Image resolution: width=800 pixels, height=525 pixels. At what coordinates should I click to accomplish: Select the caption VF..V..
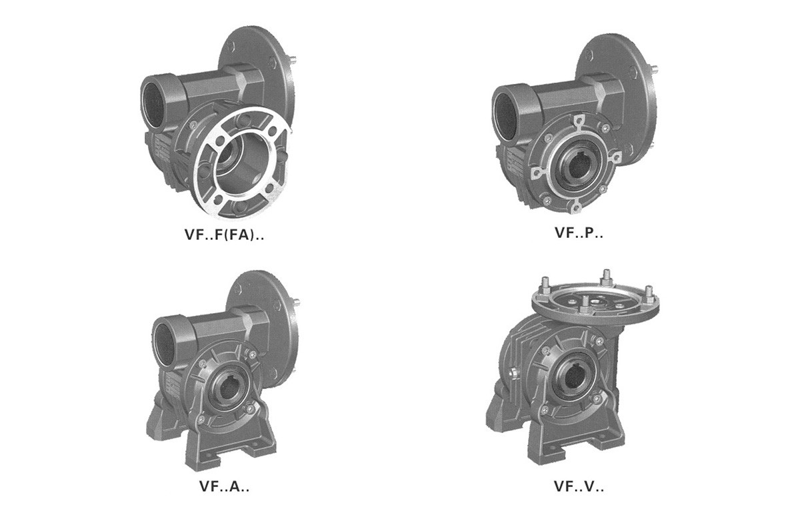point(578,486)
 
